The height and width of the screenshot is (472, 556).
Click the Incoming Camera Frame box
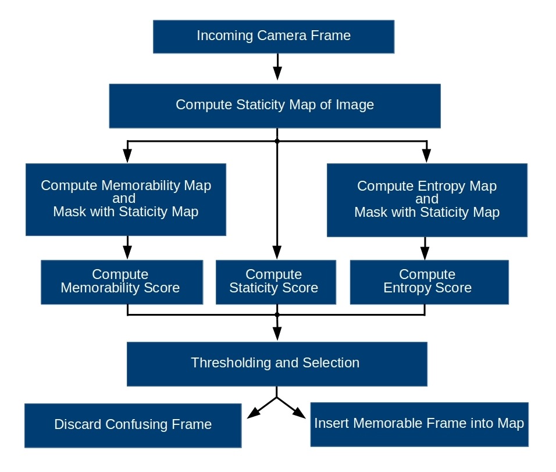click(273, 37)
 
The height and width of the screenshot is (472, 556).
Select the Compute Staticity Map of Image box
click(275, 106)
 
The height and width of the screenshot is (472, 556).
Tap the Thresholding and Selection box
click(277, 364)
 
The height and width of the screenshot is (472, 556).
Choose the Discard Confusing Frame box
click(133, 425)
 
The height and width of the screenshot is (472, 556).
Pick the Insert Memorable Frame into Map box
click(419, 424)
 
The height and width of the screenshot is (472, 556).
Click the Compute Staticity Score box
click(276, 282)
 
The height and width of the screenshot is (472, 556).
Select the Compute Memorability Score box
click(122, 282)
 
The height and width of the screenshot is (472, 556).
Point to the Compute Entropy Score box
click(429, 282)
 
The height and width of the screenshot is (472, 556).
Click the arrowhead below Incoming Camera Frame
click(277, 73)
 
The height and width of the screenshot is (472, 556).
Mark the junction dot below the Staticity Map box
click(277, 141)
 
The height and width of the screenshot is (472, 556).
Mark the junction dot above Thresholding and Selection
click(277, 314)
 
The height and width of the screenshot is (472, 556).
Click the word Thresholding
click(225, 363)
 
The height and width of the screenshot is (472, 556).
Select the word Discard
click(78, 425)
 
